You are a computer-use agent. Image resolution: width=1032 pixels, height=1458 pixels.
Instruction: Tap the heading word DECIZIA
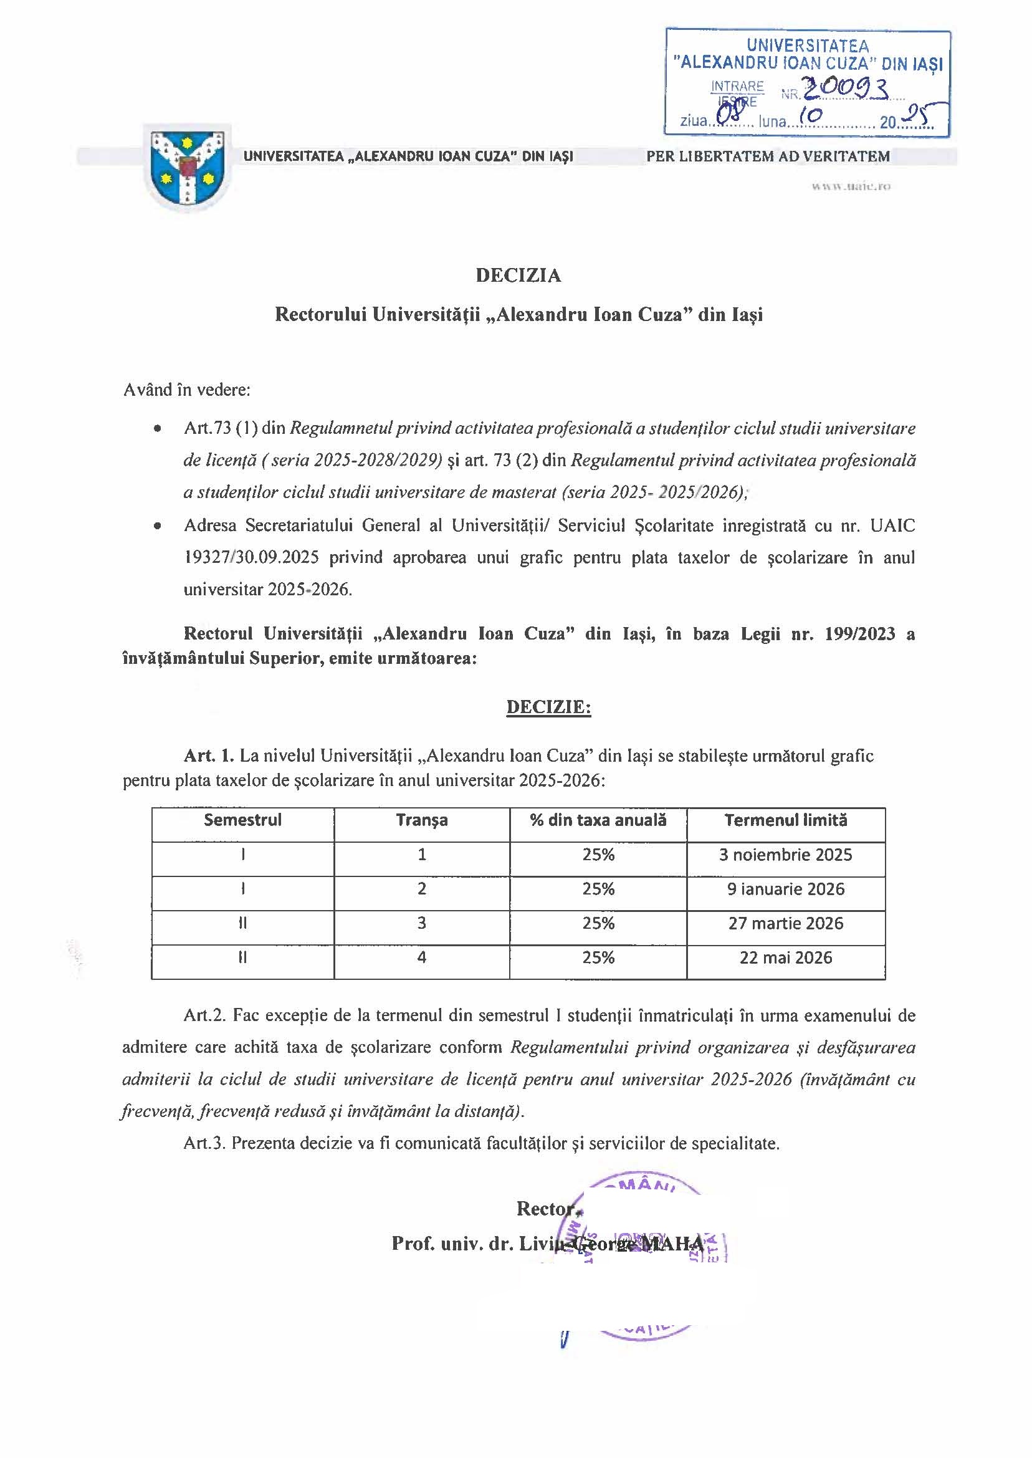pos(518,275)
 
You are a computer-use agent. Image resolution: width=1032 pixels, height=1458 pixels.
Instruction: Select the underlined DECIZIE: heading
pos(548,707)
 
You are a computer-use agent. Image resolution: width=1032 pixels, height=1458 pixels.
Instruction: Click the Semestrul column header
pos(243,820)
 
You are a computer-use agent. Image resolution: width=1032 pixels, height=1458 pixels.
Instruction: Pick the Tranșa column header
pos(422,820)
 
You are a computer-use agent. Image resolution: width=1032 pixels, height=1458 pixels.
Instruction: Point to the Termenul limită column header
pos(785,820)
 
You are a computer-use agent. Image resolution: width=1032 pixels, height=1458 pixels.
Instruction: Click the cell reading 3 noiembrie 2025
pos(785,855)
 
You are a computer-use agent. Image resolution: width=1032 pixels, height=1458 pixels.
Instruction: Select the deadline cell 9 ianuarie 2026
pos(785,889)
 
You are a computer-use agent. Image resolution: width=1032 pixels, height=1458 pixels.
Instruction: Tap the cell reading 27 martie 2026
pos(785,924)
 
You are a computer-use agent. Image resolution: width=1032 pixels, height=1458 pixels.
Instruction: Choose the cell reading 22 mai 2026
pos(785,958)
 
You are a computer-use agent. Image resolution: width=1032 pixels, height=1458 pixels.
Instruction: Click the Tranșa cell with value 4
pos(422,957)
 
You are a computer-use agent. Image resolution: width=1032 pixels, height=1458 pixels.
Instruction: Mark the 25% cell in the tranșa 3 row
pos(598,924)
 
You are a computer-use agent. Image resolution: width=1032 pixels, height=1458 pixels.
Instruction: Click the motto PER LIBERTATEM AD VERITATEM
pos(768,156)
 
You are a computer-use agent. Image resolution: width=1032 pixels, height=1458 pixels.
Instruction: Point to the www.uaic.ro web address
pos(850,187)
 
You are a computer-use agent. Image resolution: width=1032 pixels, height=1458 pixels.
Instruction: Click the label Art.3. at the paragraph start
pos(204,1143)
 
